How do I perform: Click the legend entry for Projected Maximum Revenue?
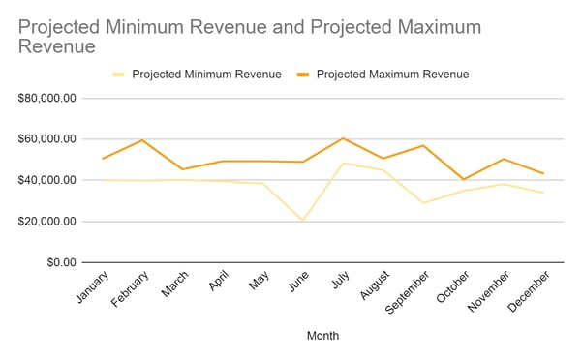385,73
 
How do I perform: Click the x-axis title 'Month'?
322,336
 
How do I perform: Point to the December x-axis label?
526,291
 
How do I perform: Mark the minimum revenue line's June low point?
303,221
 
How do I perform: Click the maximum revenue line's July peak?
343,138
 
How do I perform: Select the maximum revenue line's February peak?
143,140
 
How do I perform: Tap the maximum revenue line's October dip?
463,179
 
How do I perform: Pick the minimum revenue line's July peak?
343,163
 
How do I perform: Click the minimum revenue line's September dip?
423,203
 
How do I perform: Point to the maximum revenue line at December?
542,173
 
